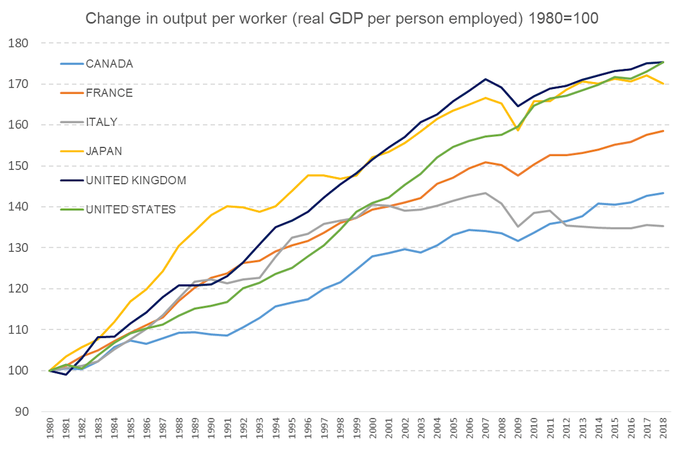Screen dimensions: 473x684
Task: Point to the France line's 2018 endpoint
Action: pos(663,131)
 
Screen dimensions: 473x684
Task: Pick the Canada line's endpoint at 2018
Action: pos(663,193)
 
